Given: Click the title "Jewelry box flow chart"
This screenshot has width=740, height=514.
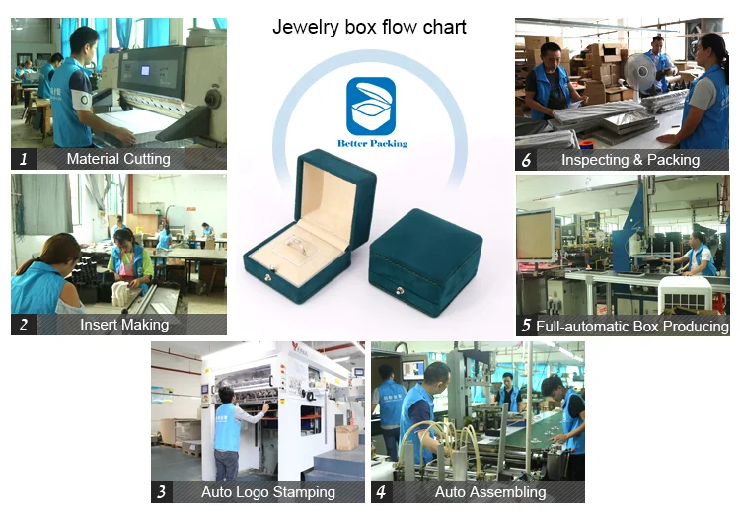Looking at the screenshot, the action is click(369, 28).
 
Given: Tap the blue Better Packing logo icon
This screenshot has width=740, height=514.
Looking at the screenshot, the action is click(370, 106).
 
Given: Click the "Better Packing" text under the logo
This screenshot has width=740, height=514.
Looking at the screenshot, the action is click(370, 143).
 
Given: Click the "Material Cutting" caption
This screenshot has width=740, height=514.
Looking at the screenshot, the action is click(118, 158).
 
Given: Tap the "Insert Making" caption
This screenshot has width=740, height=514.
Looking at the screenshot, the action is click(124, 324).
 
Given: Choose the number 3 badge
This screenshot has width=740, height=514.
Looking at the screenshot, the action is click(162, 492).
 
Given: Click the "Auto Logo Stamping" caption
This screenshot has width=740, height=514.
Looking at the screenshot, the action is click(268, 492).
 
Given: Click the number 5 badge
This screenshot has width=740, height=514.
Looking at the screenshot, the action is click(527, 325).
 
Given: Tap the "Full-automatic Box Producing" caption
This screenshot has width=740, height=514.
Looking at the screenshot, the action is click(632, 325).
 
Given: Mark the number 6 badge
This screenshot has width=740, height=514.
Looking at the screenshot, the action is click(527, 159).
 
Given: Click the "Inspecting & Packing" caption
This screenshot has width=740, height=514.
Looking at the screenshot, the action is click(630, 159).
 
